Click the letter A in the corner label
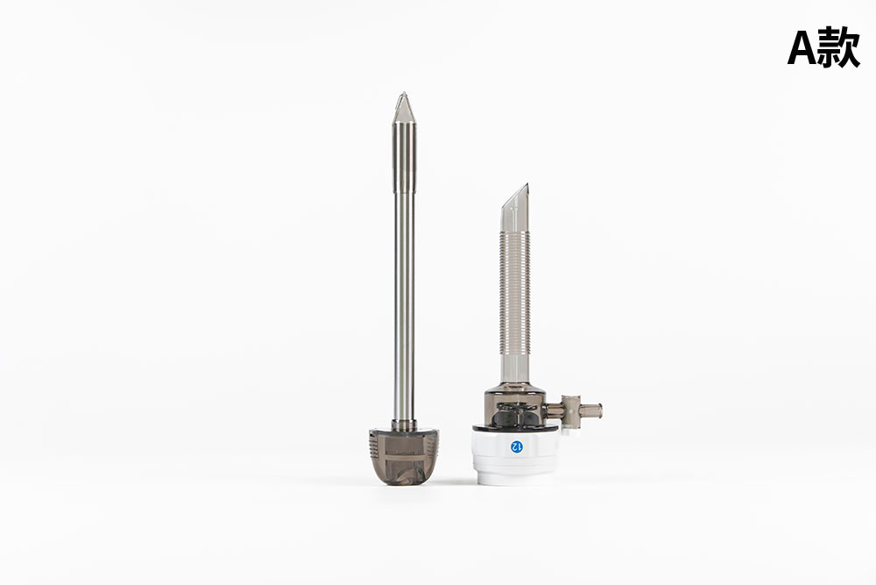[x=802, y=47]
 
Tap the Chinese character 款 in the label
[x=839, y=47]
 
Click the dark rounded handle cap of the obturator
[x=404, y=457]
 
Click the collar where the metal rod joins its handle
[x=404, y=425]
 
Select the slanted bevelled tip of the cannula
[x=515, y=208]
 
